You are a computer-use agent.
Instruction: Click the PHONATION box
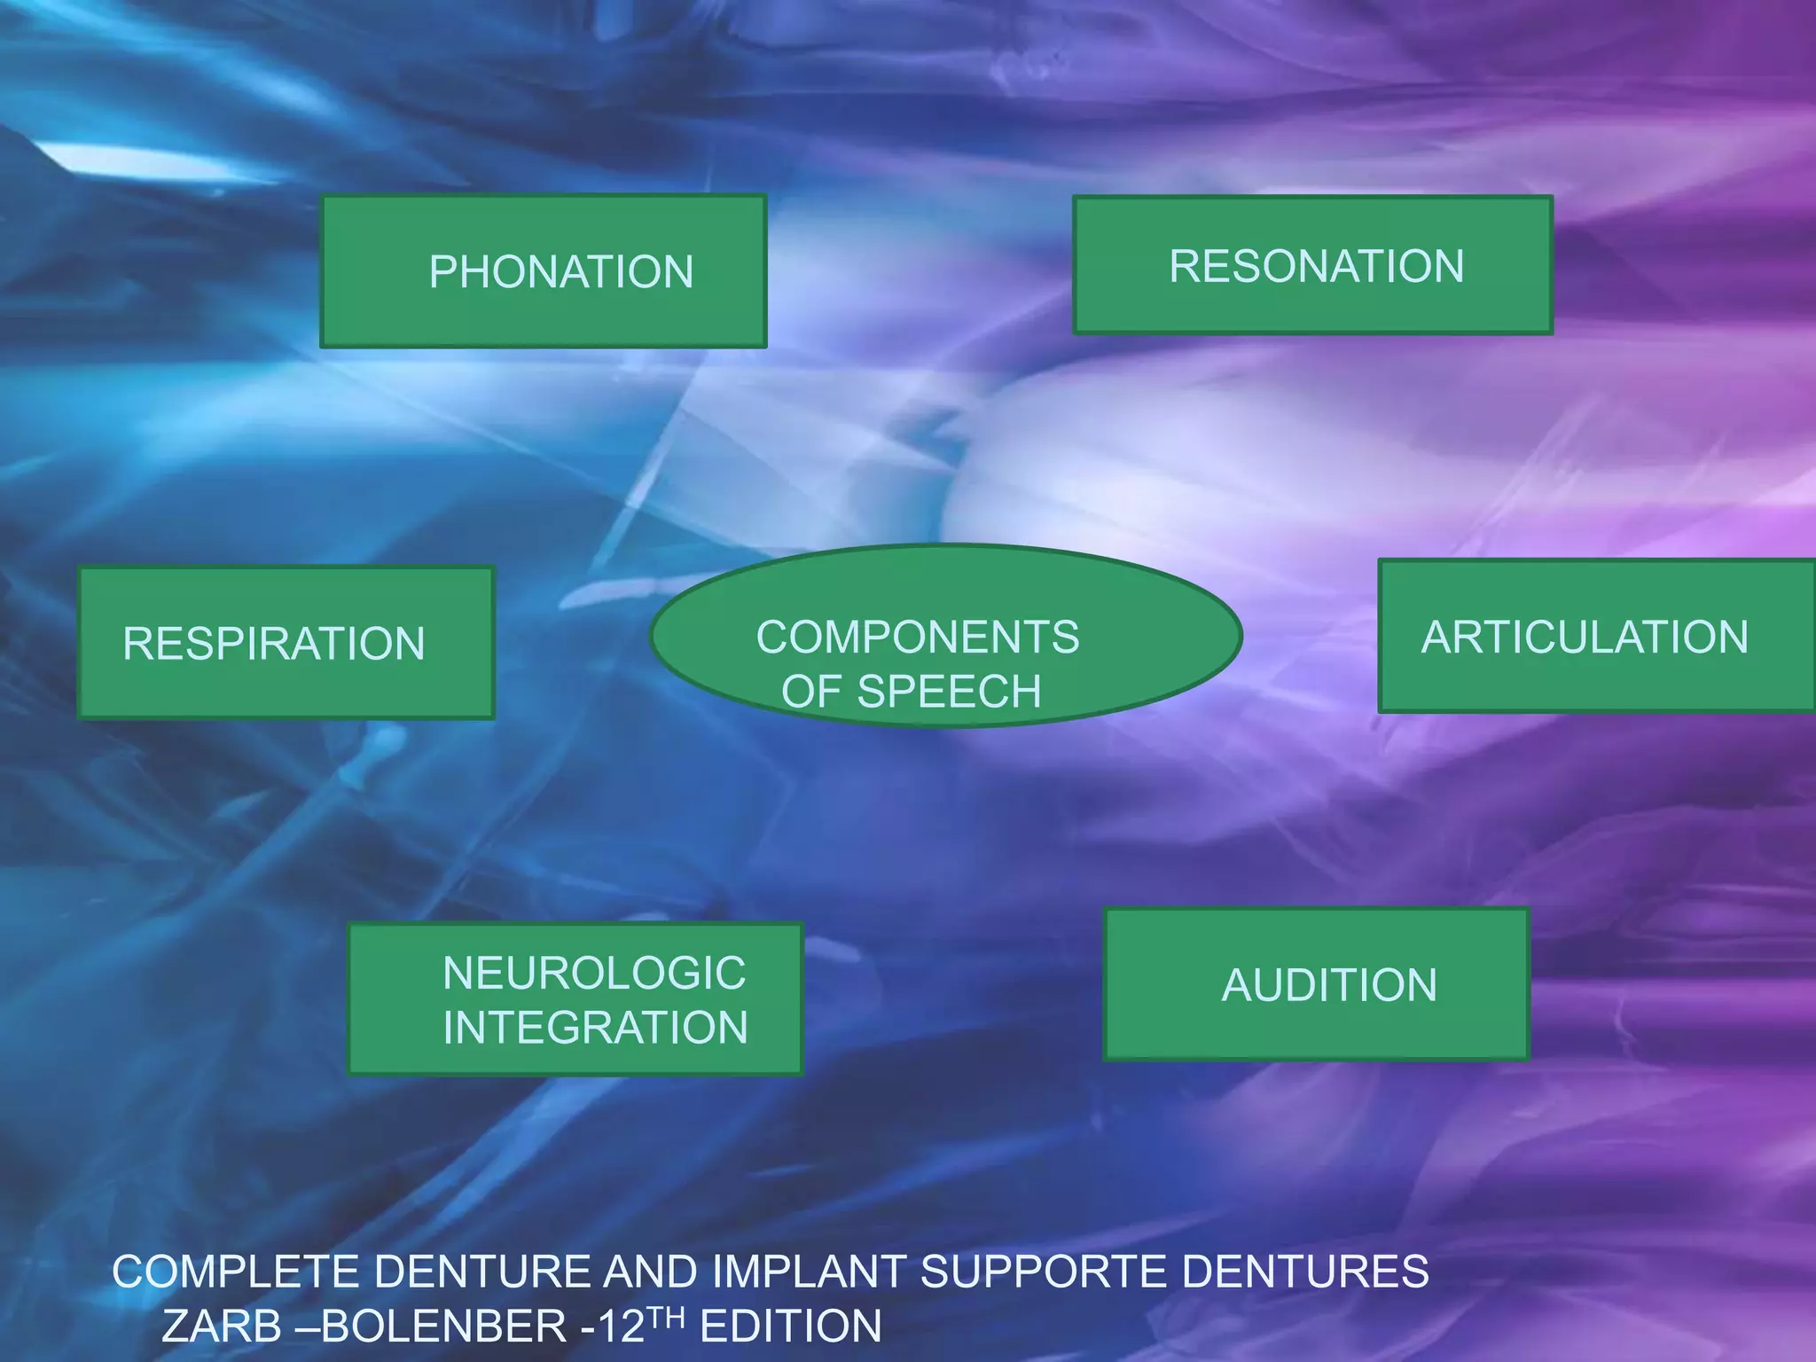point(544,270)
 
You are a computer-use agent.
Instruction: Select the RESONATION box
point(1312,265)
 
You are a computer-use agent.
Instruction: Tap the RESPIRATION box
point(286,643)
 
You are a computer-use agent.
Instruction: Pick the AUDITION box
point(1317,984)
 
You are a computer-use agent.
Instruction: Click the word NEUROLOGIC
point(594,973)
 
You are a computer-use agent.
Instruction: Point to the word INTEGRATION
point(595,1028)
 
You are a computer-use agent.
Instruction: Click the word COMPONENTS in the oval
point(918,637)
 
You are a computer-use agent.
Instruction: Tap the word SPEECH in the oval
point(949,692)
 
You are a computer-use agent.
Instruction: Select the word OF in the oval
point(810,692)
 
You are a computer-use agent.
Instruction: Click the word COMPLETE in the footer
point(236,1272)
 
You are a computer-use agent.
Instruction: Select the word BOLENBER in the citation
point(443,1327)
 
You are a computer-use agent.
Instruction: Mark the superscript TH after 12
point(666,1317)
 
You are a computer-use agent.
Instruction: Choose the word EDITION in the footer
point(790,1327)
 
